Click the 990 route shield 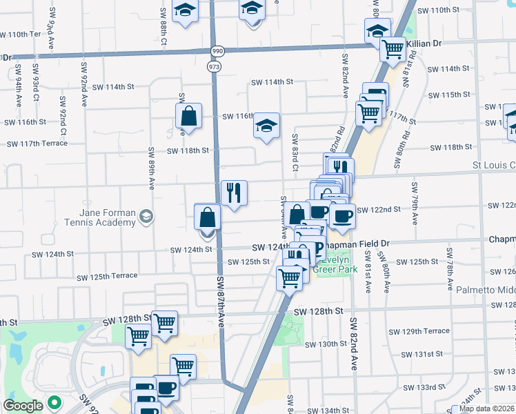(218, 52)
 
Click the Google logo (23, 406)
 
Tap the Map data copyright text (487, 408)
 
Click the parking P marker (318, 248)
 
